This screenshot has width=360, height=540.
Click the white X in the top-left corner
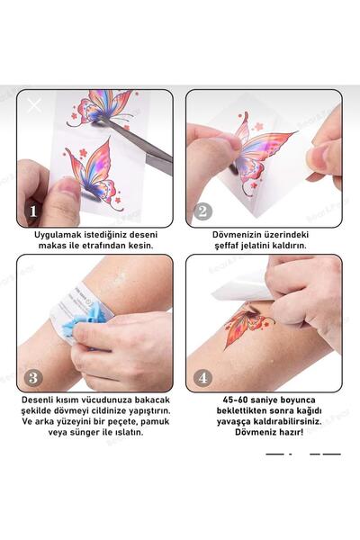click(34, 105)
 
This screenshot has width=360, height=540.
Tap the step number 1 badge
click(33, 211)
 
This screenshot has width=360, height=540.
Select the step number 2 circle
click(203, 211)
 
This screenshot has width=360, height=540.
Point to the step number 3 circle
click(33, 376)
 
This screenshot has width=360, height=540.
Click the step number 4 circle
click(203, 376)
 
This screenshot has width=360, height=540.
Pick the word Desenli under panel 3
click(44, 399)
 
